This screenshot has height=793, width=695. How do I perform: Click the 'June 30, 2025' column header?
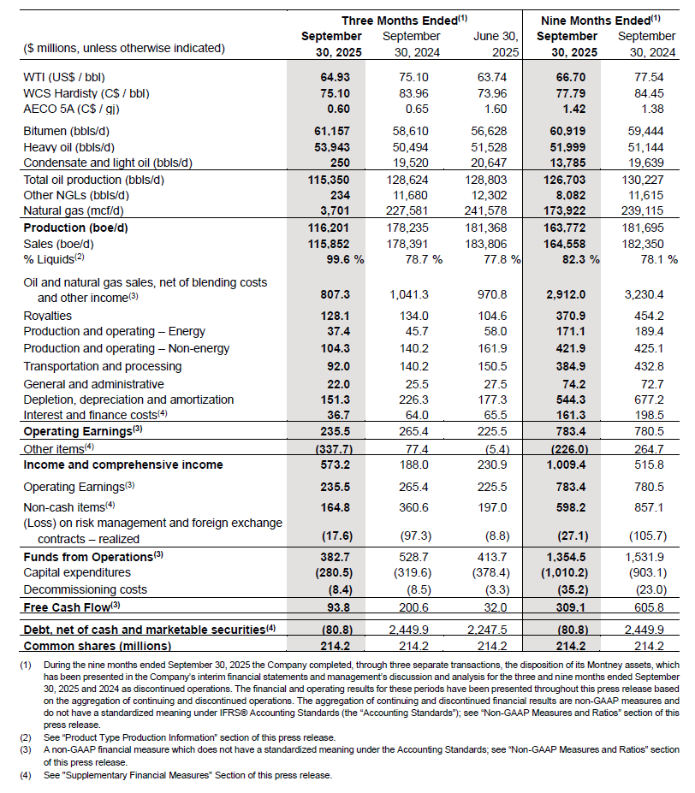pos(496,44)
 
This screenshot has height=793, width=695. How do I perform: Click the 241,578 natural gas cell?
pos(497,210)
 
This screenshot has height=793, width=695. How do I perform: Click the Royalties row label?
pos(48,315)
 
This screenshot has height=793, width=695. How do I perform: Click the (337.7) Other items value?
pos(331,448)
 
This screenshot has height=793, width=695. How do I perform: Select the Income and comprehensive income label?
pos(123,465)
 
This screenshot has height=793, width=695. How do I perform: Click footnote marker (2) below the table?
pos(27,736)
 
